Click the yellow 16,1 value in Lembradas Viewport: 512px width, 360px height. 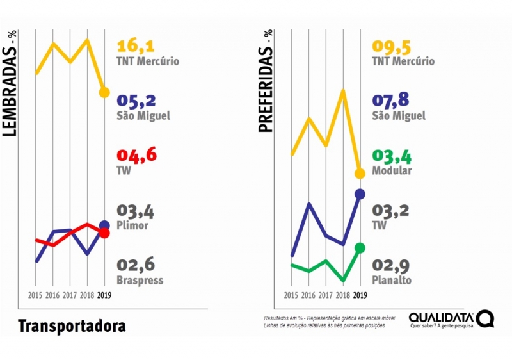[136, 47]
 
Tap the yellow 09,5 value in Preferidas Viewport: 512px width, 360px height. [391, 47]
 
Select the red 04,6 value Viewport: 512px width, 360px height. [136, 156]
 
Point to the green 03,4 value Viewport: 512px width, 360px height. [391, 156]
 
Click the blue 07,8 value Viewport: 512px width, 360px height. [391, 101]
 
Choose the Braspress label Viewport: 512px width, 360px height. [140, 280]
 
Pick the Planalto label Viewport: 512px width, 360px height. [392, 280]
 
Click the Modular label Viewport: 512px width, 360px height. [392, 171]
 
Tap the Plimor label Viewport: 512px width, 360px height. [132, 225]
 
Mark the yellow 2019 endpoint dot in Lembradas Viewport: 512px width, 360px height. [104, 92]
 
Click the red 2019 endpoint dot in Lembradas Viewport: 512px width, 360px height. [104, 233]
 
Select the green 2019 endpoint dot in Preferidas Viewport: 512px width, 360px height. [360, 248]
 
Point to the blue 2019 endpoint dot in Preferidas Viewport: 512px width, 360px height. [360, 193]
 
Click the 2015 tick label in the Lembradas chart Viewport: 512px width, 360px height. [36, 295]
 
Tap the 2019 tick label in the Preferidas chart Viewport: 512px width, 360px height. [360, 295]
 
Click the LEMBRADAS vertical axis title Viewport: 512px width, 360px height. [10, 83]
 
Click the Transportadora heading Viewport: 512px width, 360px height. [72, 325]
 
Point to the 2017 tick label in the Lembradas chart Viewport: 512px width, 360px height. [70, 295]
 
